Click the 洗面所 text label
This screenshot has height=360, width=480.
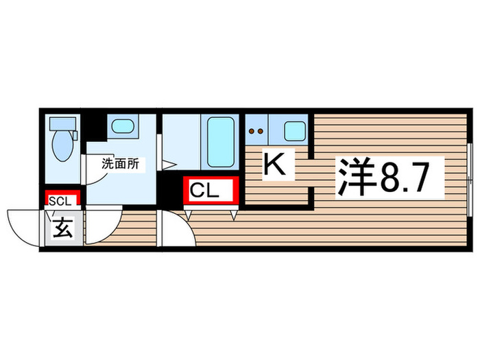coord(121,164)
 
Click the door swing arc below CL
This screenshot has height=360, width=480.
coord(177,230)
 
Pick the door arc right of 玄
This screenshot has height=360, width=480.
coord(103,226)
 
